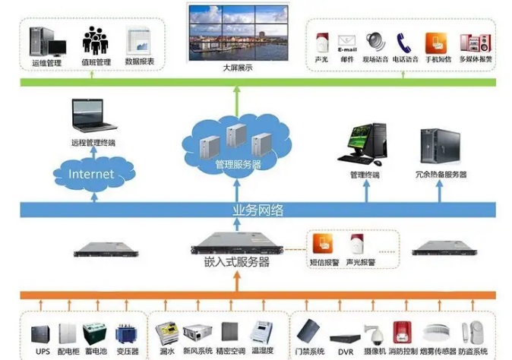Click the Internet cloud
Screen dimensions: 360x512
tap(90, 174)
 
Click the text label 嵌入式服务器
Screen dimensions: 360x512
tap(238, 263)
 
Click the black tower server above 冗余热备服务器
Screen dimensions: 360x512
tap(438, 147)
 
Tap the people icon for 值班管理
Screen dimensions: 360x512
tap(96, 39)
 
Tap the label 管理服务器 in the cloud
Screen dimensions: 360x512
tap(237, 163)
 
